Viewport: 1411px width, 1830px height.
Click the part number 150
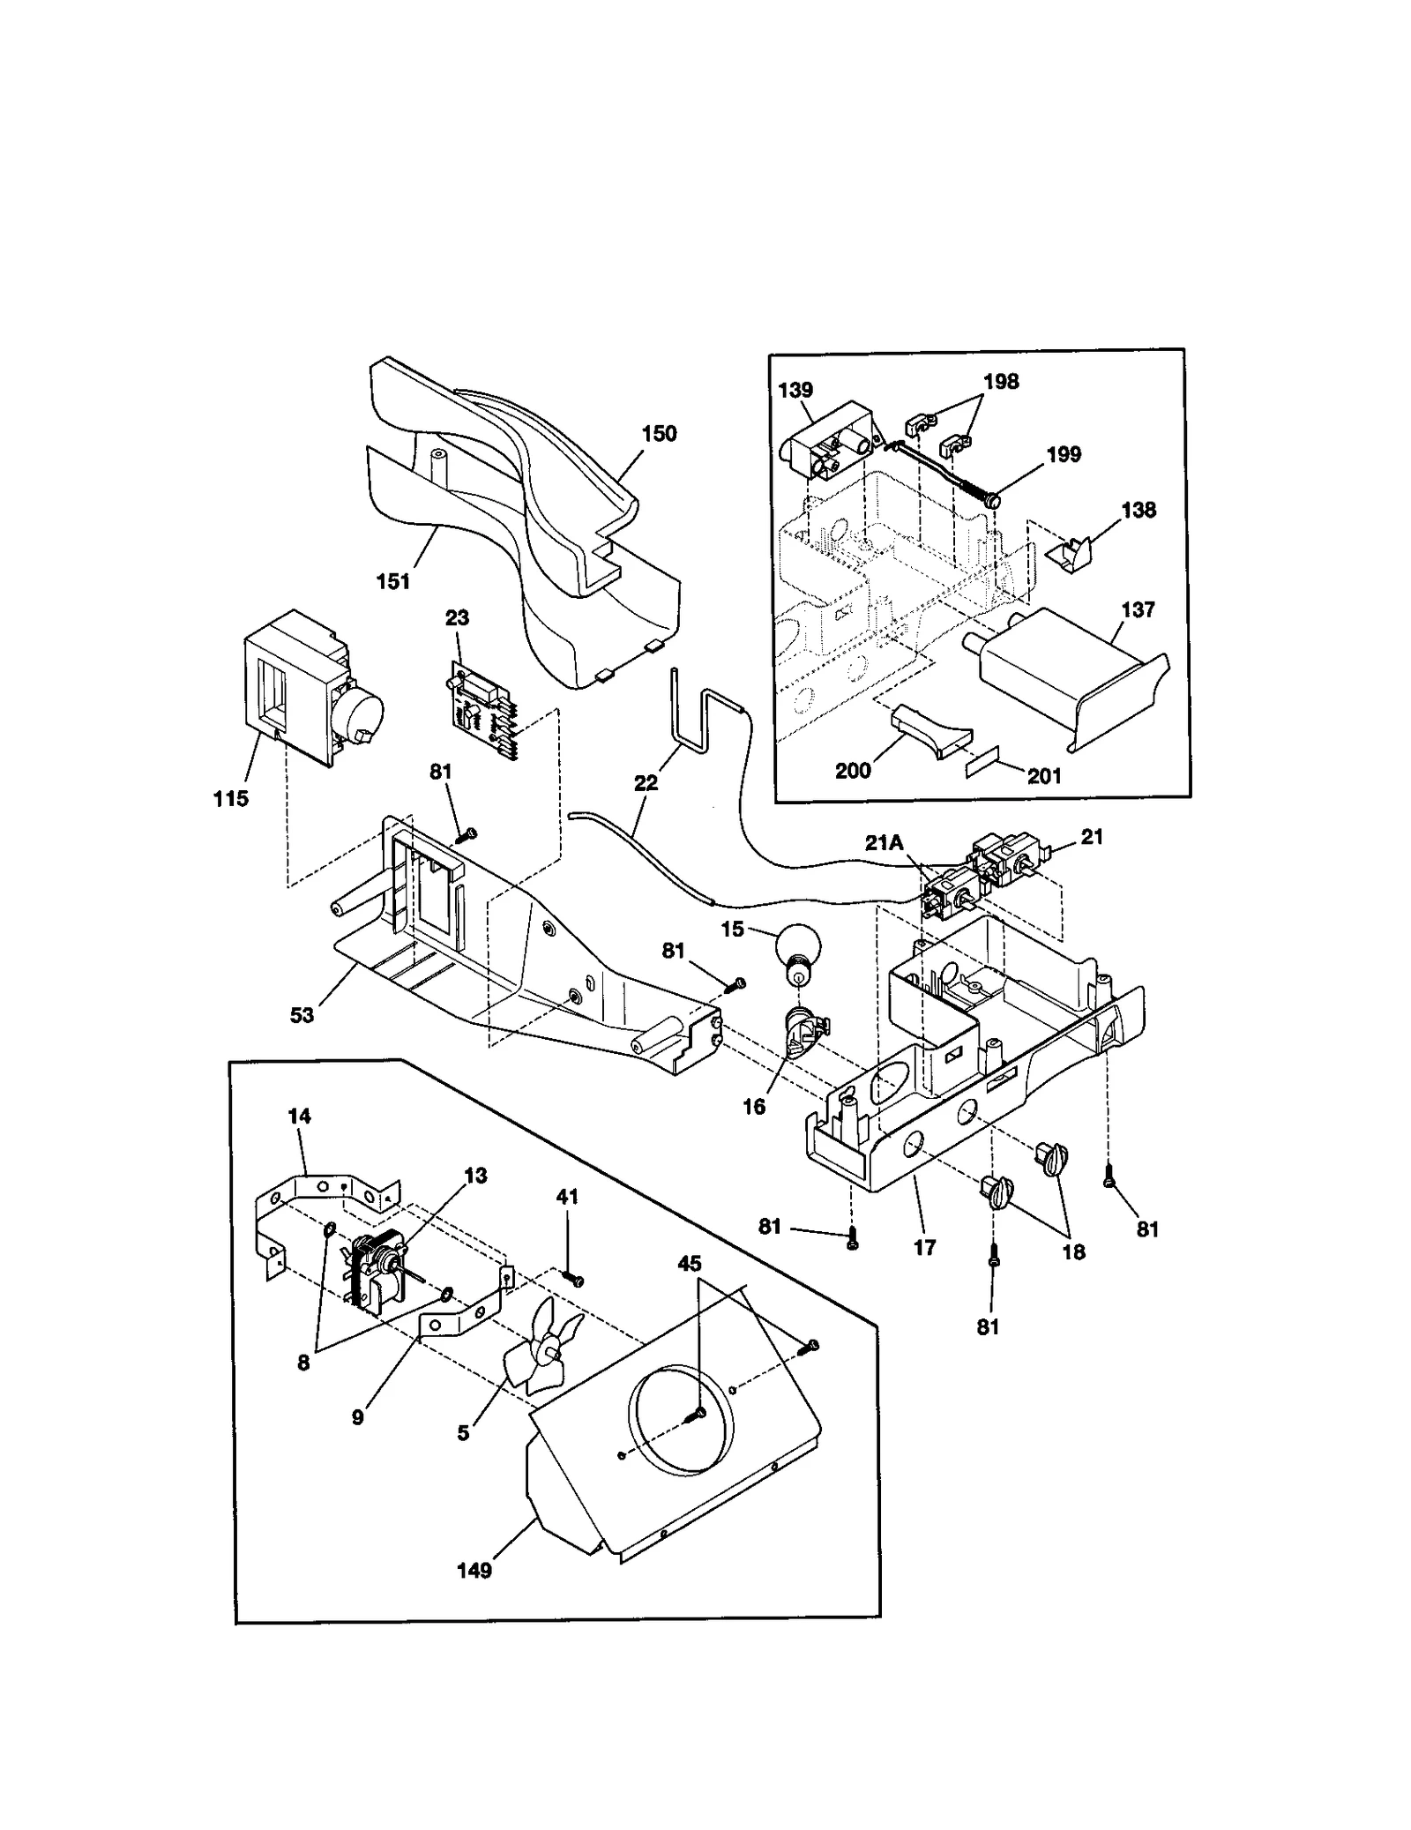click(659, 433)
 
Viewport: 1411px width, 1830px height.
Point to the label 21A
click(884, 842)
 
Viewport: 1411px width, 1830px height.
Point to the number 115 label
click(230, 799)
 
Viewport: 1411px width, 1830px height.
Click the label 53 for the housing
click(302, 1015)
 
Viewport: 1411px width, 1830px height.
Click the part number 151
click(393, 581)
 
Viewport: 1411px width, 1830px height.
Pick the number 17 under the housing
click(924, 1247)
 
